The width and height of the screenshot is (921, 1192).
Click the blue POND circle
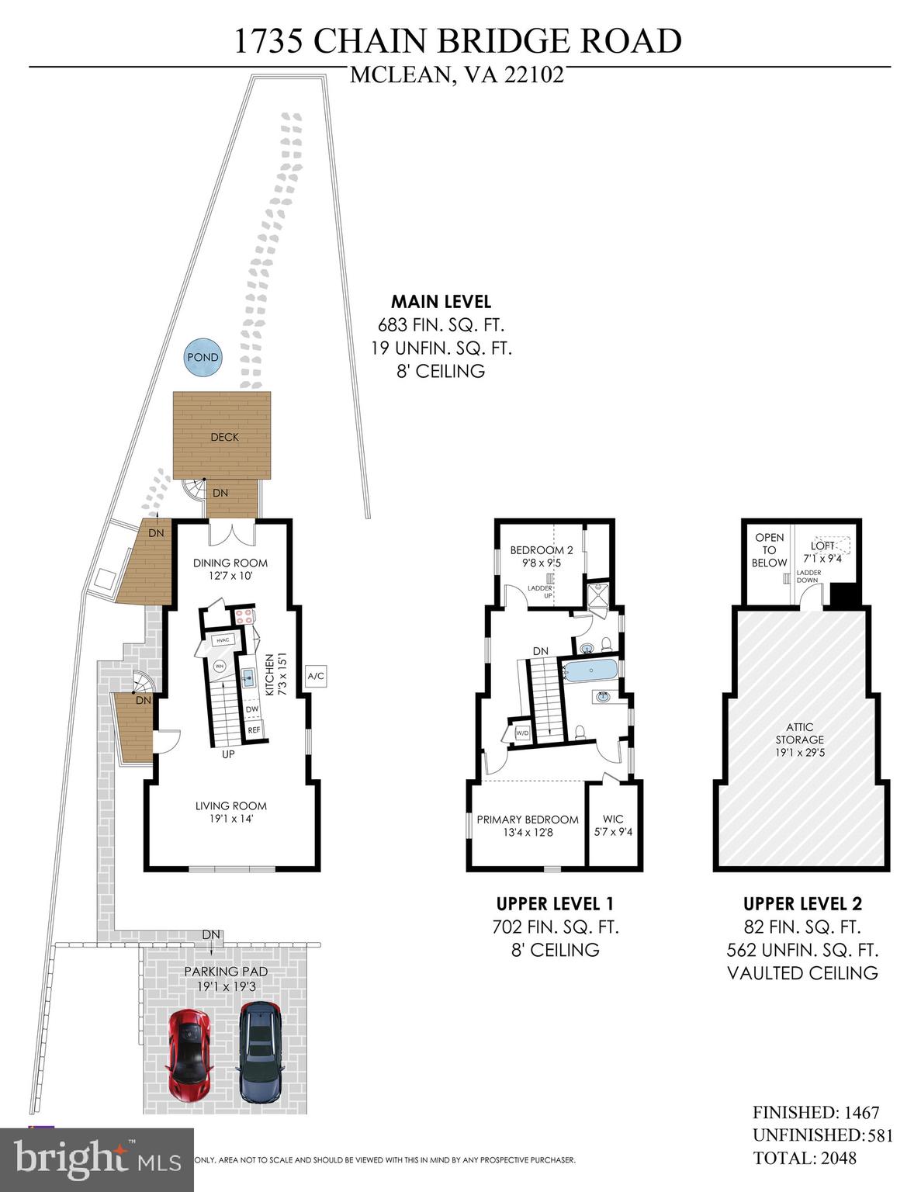click(203, 358)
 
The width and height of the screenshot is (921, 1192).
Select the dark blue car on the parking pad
click(260, 1052)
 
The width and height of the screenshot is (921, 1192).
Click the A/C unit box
click(316, 677)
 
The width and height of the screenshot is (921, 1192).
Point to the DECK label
click(224, 437)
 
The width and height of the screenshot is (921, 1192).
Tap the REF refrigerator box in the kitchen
click(254, 730)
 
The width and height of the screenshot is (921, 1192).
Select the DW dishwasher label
click(252, 709)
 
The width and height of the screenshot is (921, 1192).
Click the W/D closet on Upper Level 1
click(521, 733)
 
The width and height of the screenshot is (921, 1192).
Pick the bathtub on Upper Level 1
click(590, 670)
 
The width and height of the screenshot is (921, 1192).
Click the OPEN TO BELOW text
click(769, 549)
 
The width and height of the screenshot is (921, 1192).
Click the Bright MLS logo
click(97, 1159)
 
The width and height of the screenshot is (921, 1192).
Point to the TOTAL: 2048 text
click(805, 1158)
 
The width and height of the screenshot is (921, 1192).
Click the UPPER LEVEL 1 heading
click(555, 904)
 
